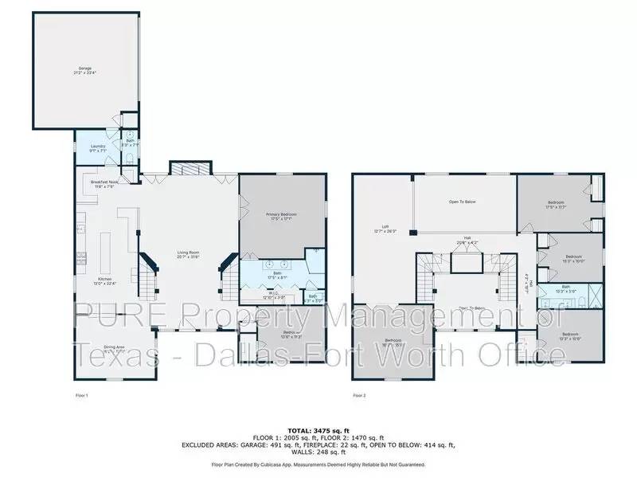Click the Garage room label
click(84, 70)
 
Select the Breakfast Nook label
click(104, 184)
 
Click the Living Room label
click(189, 255)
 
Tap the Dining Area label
click(116, 348)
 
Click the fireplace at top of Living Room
click(190, 168)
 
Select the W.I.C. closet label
click(272, 294)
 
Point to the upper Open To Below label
click(463, 202)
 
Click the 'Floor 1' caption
click(81, 395)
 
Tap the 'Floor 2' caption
click(359, 395)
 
